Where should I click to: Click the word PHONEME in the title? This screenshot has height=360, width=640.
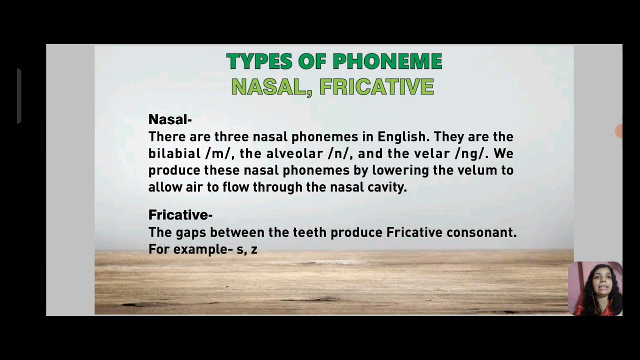pyautogui.click(x=387, y=62)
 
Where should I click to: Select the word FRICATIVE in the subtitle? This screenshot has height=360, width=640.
pyautogui.click(x=376, y=87)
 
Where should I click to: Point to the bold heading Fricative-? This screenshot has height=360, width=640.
pyautogui.click(x=180, y=215)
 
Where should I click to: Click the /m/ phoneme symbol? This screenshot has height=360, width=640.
pyautogui.click(x=216, y=153)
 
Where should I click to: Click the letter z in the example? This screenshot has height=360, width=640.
pyautogui.click(x=254, y=249)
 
